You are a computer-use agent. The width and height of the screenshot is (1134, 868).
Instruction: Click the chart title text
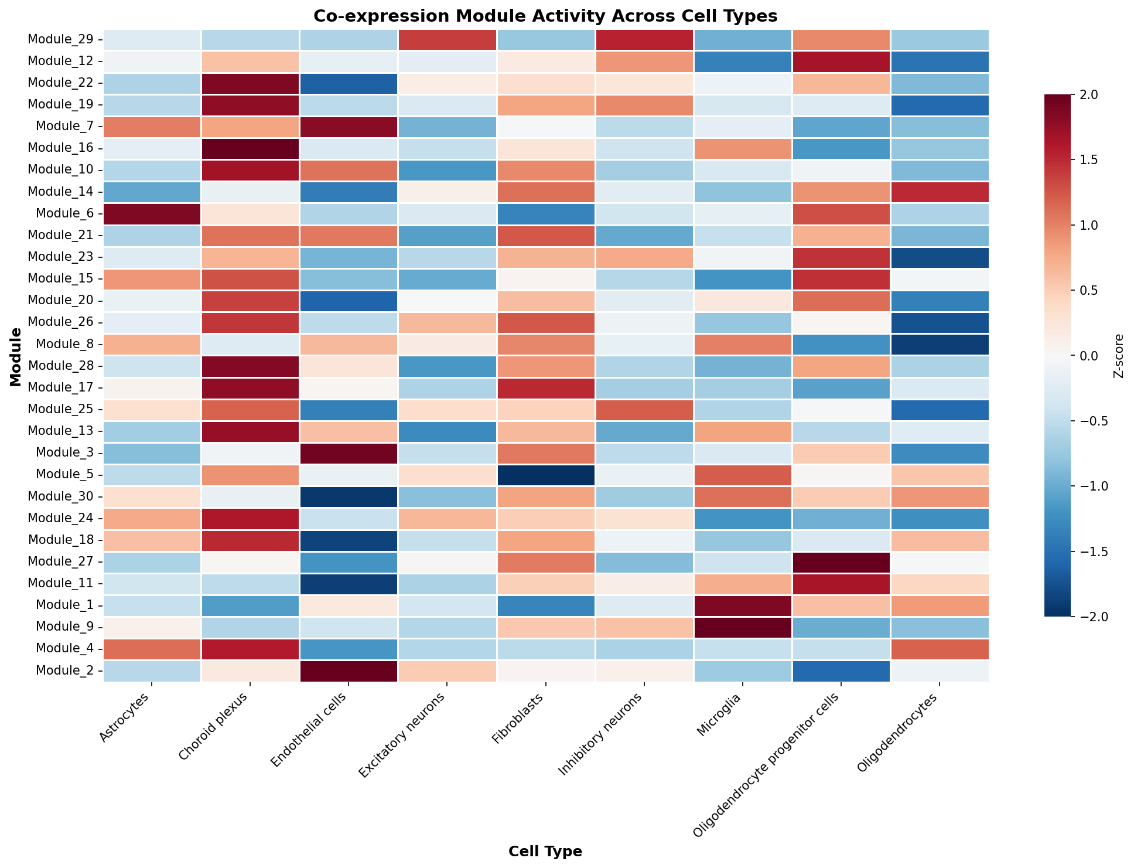(545, 16)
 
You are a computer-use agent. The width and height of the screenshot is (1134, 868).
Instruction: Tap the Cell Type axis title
(545, 852)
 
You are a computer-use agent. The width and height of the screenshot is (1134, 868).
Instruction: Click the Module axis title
(16, 357)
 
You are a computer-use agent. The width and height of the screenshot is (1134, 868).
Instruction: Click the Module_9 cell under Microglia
(742, 627)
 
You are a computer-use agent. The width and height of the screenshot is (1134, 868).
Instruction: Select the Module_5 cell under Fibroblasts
(545, 474)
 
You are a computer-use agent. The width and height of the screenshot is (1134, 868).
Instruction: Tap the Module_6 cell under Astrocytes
(152, 214)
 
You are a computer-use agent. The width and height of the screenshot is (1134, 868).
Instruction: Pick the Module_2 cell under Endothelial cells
(349, 670)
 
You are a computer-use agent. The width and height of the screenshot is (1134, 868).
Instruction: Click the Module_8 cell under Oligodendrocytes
(939, 344)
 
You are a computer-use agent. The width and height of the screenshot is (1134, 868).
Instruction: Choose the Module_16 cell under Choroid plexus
(250, 148)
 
